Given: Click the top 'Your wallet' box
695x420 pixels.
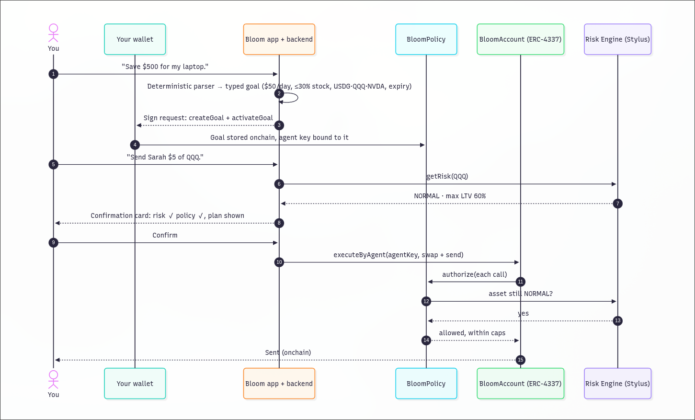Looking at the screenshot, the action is tap(135, 39).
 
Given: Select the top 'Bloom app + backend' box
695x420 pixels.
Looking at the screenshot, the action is tap(279, 39).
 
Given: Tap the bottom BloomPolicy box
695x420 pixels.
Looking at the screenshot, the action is tap(426, 384).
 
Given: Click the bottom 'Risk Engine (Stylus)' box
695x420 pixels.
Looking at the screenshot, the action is tap(617, 384).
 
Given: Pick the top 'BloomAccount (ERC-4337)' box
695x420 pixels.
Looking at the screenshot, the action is tap(520, 39).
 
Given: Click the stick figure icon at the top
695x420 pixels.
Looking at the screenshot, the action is tap(53, 33).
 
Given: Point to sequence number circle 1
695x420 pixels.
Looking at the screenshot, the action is tap(53, 74).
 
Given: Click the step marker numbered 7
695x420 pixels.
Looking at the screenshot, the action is tap(617, 204).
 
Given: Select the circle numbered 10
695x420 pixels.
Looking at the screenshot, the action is tap(279, 262).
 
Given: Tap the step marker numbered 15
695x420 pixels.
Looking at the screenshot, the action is tap(520, 360).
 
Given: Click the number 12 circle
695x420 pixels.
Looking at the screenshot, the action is tap(426, 301).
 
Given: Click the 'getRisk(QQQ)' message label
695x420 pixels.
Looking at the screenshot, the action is tap(447, 176).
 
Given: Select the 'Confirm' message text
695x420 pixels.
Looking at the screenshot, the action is tap(165, 235).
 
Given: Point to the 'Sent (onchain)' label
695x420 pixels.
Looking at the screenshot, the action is tap(288, 352).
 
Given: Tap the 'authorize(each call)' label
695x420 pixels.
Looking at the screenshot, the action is tap(474, 274).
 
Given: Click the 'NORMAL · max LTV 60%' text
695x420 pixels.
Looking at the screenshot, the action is tap(450, 196).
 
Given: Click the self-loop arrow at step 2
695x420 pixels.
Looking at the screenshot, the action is tap(297, 98).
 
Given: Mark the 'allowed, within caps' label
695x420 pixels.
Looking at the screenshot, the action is tap(472, 333).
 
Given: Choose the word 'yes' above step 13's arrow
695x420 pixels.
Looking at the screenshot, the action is tap(523, 313).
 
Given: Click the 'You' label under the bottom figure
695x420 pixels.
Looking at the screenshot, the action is tap(53, 395).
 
